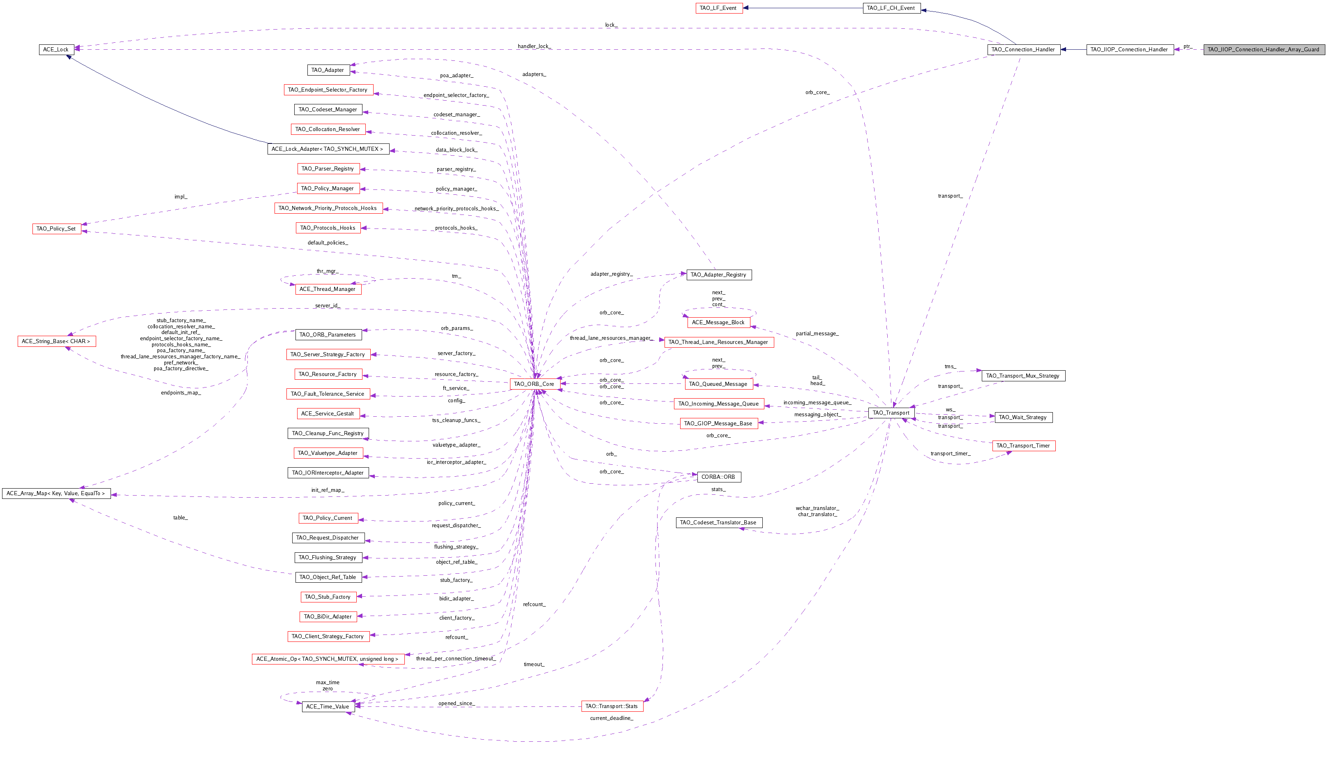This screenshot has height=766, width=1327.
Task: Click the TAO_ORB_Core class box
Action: click(534, 384)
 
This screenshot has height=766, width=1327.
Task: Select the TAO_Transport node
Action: click(891, 413)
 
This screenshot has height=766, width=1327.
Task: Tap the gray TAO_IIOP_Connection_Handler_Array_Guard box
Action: click(1264, 49)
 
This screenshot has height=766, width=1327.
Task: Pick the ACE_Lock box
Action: click(56, 49)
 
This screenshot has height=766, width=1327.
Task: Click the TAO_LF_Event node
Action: click(718, 8)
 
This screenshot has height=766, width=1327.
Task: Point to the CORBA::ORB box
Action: click(718, 477)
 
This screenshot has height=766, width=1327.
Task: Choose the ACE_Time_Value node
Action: click(328, 706)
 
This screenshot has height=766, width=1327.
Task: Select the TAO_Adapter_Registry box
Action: click(718, 275)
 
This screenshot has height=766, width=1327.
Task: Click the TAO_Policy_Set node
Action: click(56, 229)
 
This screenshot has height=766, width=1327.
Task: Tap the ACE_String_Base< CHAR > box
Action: click(56, 341)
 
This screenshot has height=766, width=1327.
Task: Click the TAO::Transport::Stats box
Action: click(612, 706)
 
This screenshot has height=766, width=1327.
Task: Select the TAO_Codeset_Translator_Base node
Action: click(718, 522)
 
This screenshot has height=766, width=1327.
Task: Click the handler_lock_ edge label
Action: click(534, 46)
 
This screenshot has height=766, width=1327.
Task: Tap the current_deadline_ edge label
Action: click(612, 718)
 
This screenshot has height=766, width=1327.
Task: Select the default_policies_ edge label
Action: click(328, 242)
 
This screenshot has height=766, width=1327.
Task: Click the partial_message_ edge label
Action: click(817, 334)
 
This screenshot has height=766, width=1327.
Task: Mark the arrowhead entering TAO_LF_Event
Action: click(746, 8)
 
